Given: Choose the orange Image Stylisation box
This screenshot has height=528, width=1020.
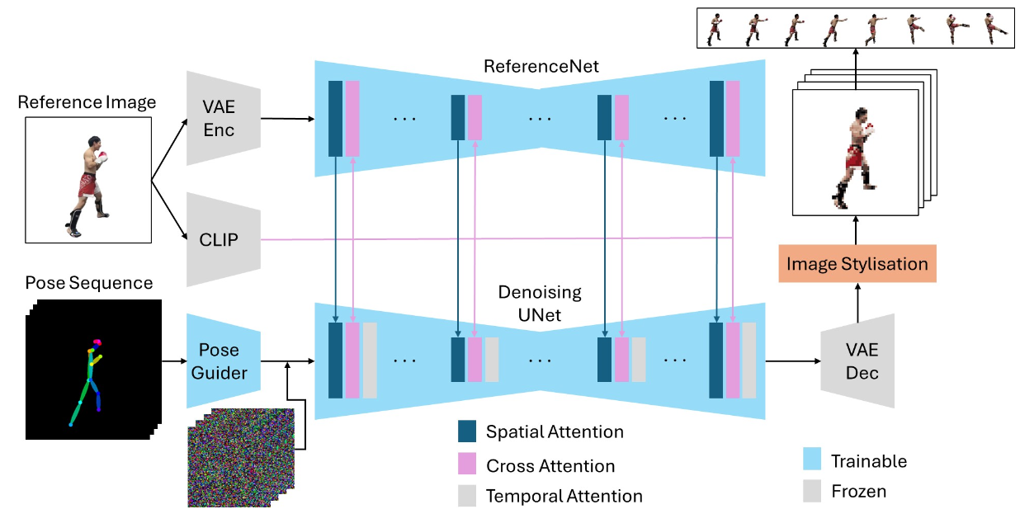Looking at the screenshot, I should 857,265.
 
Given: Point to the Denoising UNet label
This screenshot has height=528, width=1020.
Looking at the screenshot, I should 540,302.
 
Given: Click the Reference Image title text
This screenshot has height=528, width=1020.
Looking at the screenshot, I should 87,102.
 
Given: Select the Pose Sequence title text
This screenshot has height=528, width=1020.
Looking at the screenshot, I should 89,283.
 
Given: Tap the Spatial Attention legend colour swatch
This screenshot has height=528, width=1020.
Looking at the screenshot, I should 467,431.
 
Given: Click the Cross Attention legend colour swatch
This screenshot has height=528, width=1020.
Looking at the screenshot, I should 467,464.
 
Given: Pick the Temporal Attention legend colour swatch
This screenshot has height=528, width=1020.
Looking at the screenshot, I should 467,495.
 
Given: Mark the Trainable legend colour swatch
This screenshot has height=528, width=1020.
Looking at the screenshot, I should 812,460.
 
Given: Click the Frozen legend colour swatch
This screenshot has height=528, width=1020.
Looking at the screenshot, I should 812,491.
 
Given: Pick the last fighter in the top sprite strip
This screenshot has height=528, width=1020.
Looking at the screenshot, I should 995,28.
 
